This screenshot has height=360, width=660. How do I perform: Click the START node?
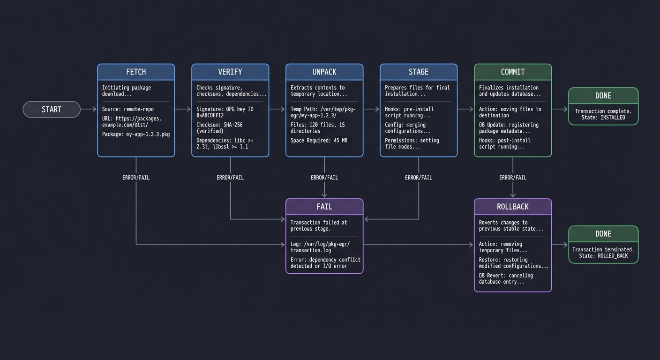[x=52, y=109]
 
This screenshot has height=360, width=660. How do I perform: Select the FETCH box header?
[x=136, y=72]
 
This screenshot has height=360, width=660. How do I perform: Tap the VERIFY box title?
[x=230, y=72]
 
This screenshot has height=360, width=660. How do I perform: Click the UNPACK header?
[x=324, y=72]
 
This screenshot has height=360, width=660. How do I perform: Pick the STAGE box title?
[x=419, y=72]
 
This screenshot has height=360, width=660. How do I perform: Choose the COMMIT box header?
[x=513, y=72]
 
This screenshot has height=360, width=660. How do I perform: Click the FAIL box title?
[x=324, y=207]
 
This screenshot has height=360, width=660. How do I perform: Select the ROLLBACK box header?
[x=513, y=207]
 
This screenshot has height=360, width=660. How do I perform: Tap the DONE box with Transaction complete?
[x=603, y=106]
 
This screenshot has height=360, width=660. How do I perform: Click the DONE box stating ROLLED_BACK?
[x=603, y=245]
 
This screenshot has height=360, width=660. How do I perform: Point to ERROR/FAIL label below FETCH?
[x=136, y=178]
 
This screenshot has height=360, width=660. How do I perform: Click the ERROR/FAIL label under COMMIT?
[x=513, y=178]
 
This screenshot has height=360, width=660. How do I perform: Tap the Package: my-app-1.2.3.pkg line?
[x=136, y=135]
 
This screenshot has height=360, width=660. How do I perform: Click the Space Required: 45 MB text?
[x=319, y=141]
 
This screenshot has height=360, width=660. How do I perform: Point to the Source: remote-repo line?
[x=128, y=109]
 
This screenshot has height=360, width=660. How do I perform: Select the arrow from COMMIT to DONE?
[x=560, y=109]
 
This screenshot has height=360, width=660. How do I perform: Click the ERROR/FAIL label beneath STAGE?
[x=419, y=178]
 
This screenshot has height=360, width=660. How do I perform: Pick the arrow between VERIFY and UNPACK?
[x=277, y=109]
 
